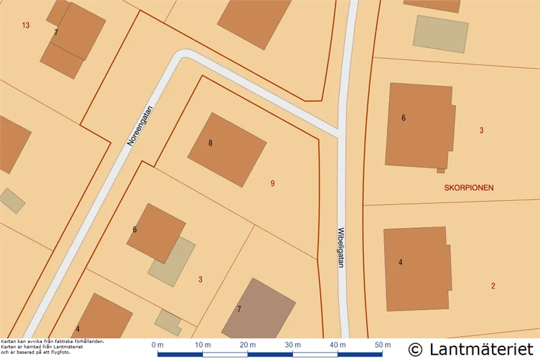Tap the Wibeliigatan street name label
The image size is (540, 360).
click(341, 247)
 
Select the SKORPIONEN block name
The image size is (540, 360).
click(469, 187)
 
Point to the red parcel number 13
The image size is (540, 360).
click(26, 25)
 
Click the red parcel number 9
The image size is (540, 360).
click(272, 183)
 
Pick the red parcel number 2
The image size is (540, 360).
click(493, 286)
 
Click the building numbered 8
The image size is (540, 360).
click(227, 149)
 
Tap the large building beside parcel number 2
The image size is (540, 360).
click(417, 269)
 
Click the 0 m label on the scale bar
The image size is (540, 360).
click(158, 344)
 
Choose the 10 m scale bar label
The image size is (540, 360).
click(202, 344)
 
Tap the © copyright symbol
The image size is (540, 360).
click(415, 349)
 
